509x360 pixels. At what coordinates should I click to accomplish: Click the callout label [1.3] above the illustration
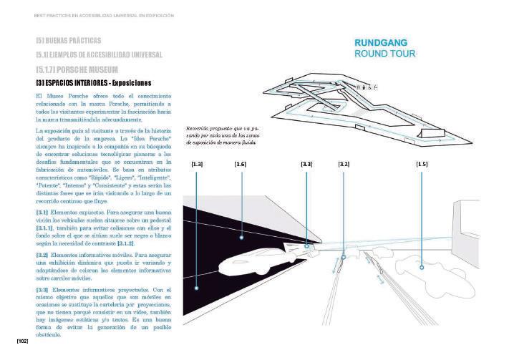(x=198, y=165)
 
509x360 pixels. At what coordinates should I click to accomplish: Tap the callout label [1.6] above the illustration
(x=241, y=165)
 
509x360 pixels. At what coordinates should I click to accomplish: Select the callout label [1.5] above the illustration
(x=422, y=165)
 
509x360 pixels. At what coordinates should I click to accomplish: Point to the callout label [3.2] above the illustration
(x=344, y=165)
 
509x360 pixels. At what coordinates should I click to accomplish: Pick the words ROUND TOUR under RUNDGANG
(x=384, y=54)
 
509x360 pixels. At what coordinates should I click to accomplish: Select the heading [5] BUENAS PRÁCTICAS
(x=68, y=40)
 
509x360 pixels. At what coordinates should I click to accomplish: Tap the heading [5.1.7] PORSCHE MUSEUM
(x=77, y=70)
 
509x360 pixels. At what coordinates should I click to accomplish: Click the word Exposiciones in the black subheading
(x=132, y=83)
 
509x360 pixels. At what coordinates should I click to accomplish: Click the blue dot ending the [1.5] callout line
(x=422, y=267)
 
